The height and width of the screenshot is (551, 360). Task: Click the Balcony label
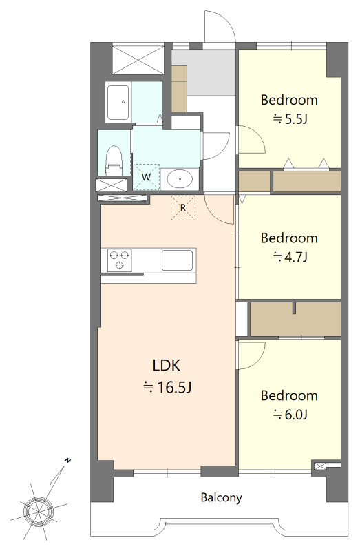(x=221, y=497)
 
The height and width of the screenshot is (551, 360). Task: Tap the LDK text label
(x=167, y=366)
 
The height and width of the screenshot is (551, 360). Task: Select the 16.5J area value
(x=167, y=387)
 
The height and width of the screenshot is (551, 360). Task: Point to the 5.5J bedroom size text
(x=290, y=119)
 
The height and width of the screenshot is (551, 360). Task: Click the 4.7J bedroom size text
(x=290, y=257)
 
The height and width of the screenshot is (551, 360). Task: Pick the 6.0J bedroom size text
(x=290, y=415)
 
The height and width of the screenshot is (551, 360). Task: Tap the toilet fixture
(x=114, y=160)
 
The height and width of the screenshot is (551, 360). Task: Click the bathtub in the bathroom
(x=118, y=102)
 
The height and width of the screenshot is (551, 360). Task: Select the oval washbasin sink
(x=180, y=179)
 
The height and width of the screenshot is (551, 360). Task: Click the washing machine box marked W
(x=147, y=177)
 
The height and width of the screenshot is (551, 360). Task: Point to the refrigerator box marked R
(x=183, y=208)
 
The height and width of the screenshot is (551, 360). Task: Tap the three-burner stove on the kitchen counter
(x=119, y=260)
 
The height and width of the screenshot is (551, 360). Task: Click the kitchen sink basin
(x=177, y=260)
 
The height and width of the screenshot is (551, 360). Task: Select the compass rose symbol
(x=38, y=510)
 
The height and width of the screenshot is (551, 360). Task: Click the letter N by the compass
(x=67, y=460)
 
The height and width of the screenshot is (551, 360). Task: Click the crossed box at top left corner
(x=138, y=59)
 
